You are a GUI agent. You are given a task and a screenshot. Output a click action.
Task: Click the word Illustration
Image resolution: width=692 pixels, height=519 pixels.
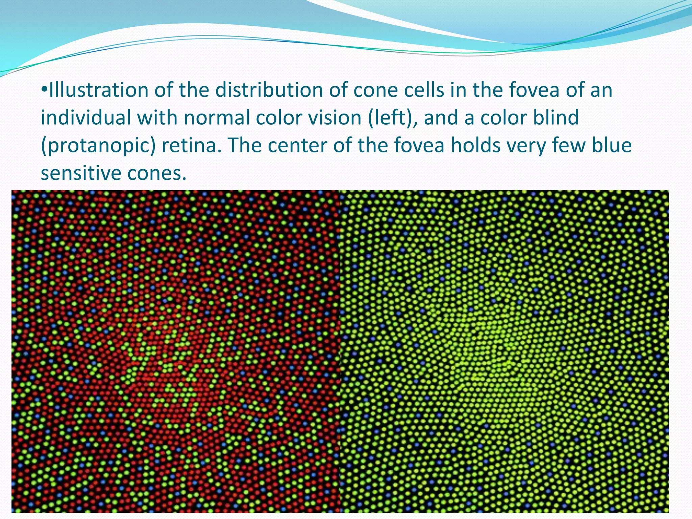(x=98, y=91)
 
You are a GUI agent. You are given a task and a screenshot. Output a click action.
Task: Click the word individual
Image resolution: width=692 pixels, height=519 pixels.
(x=86, y=118)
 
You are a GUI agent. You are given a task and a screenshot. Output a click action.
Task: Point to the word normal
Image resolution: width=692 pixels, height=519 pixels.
(x=216, y=118)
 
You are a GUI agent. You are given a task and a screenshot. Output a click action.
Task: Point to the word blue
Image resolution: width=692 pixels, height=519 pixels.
(x=612, y=145)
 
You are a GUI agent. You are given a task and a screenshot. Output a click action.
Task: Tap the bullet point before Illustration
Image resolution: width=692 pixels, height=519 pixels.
(x=44, y=91)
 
